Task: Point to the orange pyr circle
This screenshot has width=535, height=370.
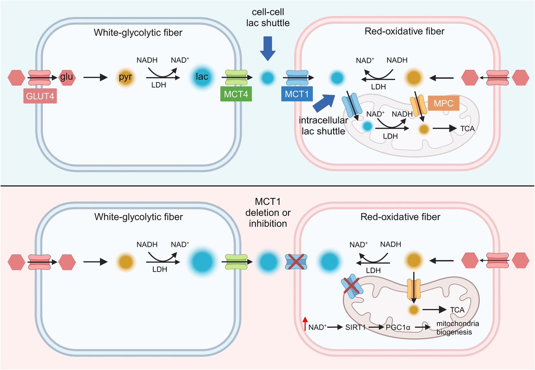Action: (125, 77)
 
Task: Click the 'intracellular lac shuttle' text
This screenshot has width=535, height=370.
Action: (321, 126)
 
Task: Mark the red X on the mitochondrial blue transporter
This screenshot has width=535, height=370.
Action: (352, 286)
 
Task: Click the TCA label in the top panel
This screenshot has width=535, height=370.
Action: (467, 128)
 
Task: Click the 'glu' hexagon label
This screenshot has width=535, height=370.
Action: (67, 77)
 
